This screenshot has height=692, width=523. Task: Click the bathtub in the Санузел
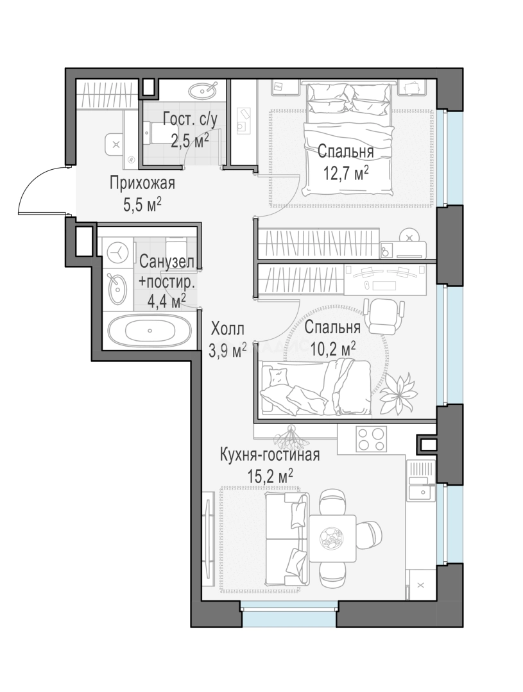(150, 330)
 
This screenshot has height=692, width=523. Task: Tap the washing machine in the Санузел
(117, 253)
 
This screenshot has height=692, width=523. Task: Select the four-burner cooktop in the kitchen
(372, 438)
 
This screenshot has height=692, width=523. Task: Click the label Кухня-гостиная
(270, 454)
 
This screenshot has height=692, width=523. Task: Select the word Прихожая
(142, 183)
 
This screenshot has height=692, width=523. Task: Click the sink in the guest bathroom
(203, 91)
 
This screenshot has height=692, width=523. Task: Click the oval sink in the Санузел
(117, 288)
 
